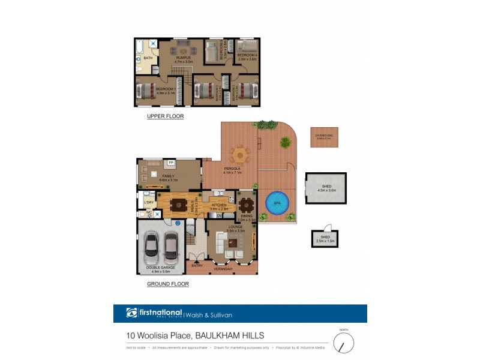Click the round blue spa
(277, 203)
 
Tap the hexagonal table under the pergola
(240, 155)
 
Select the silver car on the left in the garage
(152, 245)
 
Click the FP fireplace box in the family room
(171, 163)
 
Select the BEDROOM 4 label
(247, 55)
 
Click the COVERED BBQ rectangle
(324, 137)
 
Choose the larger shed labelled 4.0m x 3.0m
(326, 188)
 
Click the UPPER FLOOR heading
(165, 116)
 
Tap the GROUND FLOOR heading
(167, 284)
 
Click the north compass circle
(344, 343)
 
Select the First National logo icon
(132, 313)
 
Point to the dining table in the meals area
(179, 205)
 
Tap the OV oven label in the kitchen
(220, 215)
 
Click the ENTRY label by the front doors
(197, 265)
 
